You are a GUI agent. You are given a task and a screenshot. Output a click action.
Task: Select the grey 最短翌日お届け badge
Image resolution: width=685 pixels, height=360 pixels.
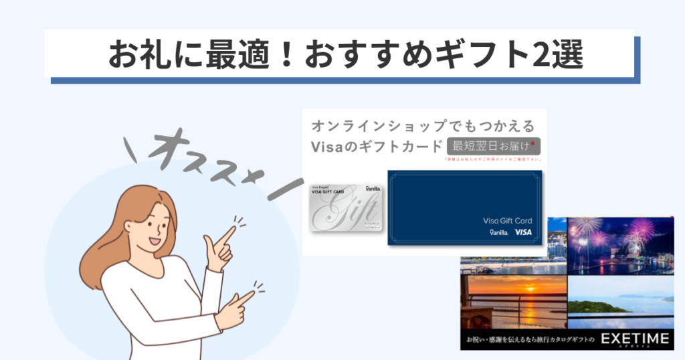[x=494, y=146]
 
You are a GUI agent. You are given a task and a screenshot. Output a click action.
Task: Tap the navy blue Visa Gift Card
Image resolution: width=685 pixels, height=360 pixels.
[x=464, y=207]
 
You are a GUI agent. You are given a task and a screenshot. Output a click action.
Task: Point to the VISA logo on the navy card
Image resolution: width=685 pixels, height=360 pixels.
[x=523, y=232]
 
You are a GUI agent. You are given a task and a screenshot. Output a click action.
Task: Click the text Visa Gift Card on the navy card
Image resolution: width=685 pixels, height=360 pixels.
[x=507, y=219]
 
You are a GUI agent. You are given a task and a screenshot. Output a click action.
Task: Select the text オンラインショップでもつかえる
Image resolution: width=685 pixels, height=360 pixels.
[x=425, y=126]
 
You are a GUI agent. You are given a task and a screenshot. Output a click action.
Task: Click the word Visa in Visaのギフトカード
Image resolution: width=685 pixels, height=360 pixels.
[x=328, y=146]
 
